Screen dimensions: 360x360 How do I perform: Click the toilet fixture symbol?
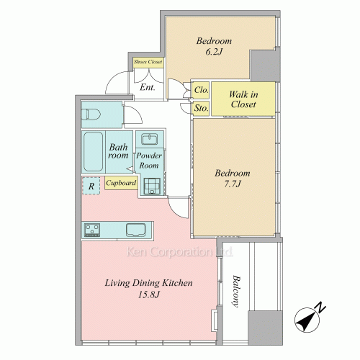click(91, 114)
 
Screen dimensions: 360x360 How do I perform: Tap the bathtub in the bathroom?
click(93, 151)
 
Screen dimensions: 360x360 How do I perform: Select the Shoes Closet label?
click(148, 62)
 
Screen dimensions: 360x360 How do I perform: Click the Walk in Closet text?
click(243, 99)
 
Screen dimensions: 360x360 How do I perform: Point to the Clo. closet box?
click(201, 90)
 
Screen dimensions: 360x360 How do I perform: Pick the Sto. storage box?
click(201, 109)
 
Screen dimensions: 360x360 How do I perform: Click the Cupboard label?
click(121, 184)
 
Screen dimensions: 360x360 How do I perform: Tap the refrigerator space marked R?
click(91, 186)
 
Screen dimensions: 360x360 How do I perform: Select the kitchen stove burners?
click(92, 230)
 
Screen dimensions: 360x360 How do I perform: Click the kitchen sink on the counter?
click(136, 230)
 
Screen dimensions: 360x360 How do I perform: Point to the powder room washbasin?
click(149, 140)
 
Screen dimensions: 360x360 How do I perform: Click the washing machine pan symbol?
click(152, 186)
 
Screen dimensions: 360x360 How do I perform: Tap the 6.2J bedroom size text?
click(213, 52)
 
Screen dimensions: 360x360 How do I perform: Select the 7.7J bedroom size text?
click(232, 184)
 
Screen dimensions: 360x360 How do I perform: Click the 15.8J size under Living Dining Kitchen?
click(149, 294)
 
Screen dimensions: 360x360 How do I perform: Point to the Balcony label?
click(237, 291)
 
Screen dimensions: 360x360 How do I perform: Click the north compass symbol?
click(307, 320)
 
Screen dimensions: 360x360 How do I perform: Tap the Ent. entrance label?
click(148, 87)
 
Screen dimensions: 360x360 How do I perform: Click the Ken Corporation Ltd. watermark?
click(179, 251)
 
